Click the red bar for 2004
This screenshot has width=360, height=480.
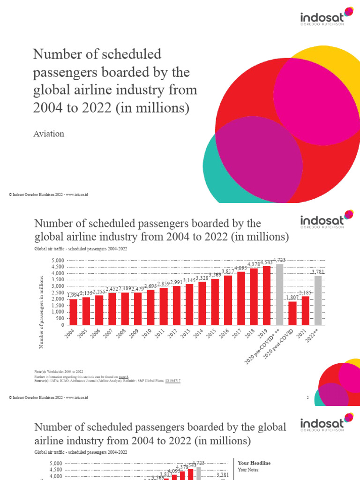73,312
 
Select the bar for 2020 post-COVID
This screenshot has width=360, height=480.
292,313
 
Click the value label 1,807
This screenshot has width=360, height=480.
292,297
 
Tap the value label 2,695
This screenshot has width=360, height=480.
150,286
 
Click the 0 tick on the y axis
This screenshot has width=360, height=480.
61,325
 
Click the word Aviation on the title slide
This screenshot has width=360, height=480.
49,134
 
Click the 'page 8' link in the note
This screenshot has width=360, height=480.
124,376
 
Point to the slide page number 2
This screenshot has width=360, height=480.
307,397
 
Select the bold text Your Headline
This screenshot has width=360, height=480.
254,463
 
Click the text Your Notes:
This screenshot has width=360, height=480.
249,469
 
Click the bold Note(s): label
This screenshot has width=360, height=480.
41,371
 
